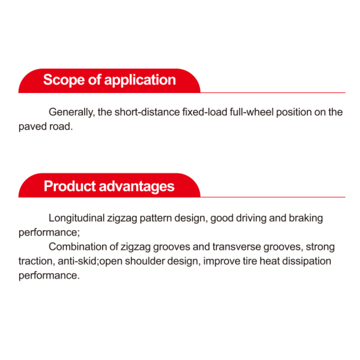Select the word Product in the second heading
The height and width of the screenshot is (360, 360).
point(69,186)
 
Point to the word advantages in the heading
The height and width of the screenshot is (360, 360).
point(136,186)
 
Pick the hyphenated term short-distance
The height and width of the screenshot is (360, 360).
point(147,112)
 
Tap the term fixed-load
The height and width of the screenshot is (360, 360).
point(205,112)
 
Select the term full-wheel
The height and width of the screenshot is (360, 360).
point(252,112)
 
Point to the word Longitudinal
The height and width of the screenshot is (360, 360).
point(77,219)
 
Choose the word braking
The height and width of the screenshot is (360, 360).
point(306,219)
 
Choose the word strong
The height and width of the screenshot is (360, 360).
point(320,247)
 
